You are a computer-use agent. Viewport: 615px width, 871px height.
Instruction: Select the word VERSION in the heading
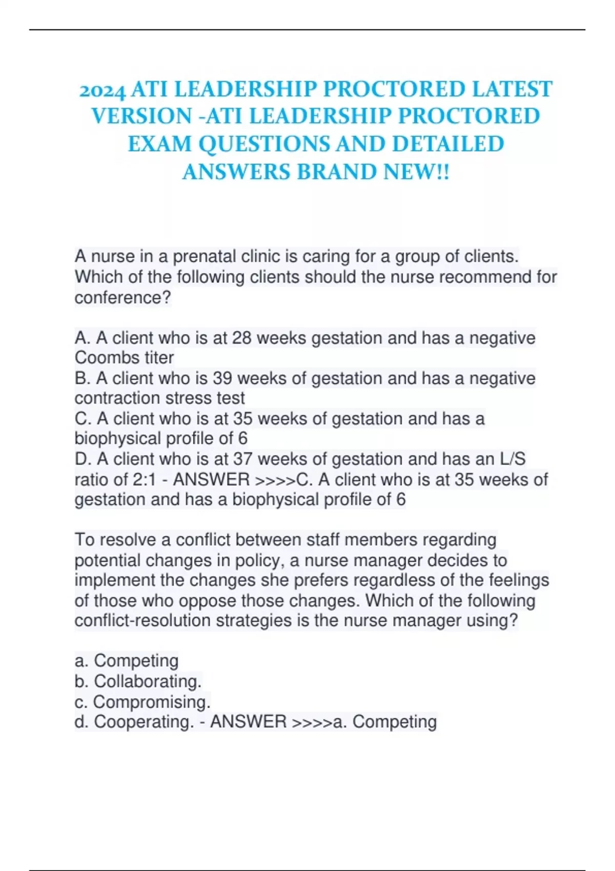[x=141, y=117]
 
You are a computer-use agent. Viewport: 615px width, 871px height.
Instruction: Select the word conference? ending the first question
[x=122, y=297]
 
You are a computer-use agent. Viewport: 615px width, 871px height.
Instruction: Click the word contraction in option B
[x=114, y=398]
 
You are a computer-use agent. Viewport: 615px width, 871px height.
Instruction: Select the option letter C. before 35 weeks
[x=83, y=419]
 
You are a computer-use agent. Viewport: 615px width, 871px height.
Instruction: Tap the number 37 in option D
[x=243, y=459]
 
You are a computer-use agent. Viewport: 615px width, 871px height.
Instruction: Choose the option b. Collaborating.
[x=138, y=681]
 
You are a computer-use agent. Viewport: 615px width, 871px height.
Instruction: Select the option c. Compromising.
[x=142, y=702]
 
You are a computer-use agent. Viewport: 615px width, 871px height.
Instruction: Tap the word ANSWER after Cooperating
[x=248, y=722]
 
